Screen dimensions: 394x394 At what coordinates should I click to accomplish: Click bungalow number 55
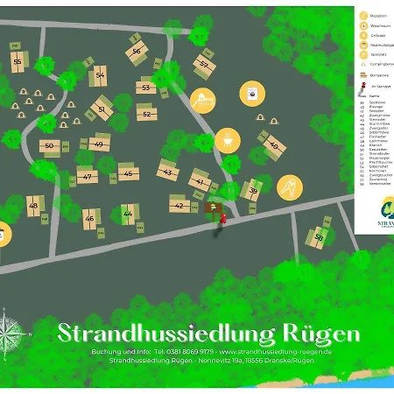pyautogui.click(x=18, y=62)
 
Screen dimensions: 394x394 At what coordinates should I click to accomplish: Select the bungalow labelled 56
pyautogui.click(x=137, y=51)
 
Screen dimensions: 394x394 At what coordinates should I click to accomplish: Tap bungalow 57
pyautogui.click(x=204, y=64)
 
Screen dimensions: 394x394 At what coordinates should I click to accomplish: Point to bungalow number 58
pyautogui.click(x=320, y=237)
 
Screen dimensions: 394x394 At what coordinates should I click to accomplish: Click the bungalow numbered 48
pyautogui.click(x=33, y=206)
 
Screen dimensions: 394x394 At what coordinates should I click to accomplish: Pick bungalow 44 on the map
pyautogui.click(x=128, y=213)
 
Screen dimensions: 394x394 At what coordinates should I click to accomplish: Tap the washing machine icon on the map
pyautogui.click(x=255, y=95)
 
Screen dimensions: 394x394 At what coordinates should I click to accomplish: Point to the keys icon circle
pyautogui.click(x=288, y=187)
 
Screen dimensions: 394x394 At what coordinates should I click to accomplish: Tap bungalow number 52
pyautogui.click(x=147, y=113)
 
